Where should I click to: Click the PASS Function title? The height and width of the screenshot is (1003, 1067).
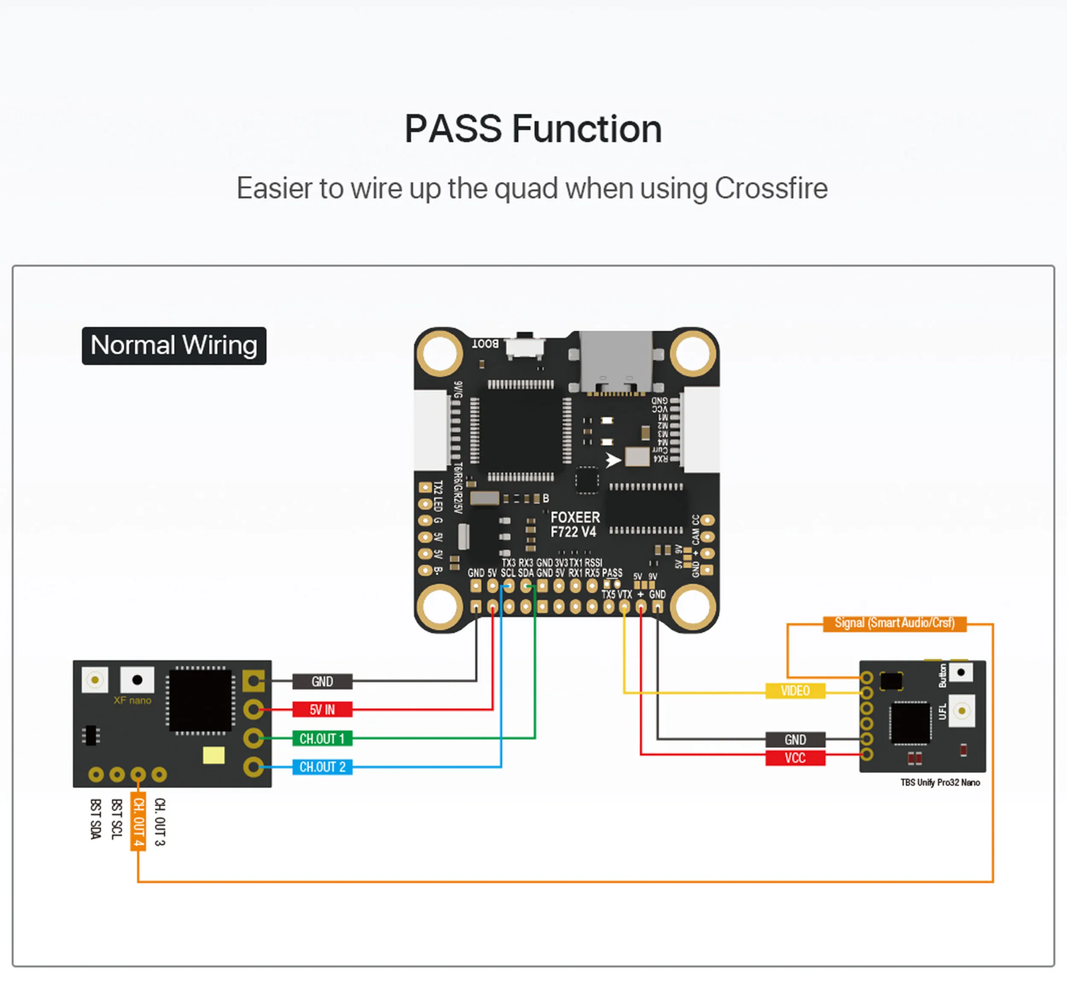pos(533,129)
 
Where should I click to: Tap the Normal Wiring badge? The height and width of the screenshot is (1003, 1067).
pos(174,345)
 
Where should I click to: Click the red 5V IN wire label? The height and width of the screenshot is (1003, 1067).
pos(322,709)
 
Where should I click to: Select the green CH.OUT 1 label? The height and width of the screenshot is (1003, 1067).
pos(322,738)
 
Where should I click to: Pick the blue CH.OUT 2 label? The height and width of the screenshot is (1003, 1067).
pos(322,767)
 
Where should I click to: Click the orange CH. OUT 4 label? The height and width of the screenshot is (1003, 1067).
pos(138,822)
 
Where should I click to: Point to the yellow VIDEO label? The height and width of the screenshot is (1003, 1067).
pos(795,690)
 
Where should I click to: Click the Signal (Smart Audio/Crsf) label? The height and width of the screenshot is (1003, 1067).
pos(894,623)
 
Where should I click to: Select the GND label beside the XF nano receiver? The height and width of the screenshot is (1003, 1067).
pos(322,681)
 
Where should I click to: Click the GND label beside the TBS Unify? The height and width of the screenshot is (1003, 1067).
pos(795,740)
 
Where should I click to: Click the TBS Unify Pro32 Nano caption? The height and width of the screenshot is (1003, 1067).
pos(940,782)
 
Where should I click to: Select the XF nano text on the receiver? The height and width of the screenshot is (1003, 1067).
pos(132,700)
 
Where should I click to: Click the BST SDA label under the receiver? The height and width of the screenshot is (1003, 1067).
pos(96,819)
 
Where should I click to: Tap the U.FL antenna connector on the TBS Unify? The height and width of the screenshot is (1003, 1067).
pos(961,711)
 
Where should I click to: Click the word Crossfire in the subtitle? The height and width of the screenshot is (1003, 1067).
pos(771,188)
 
